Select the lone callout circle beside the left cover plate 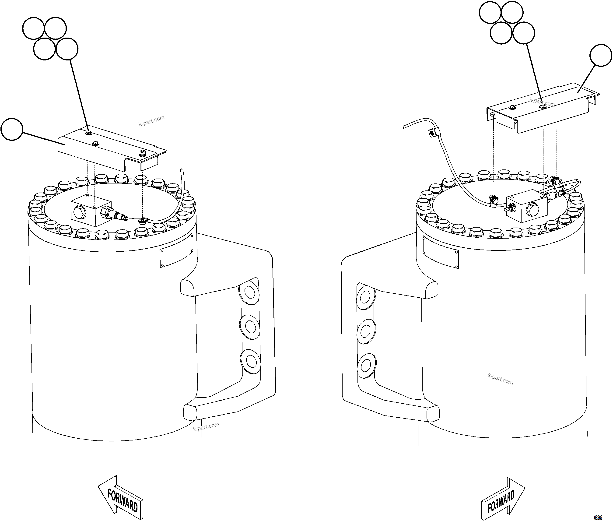(11, 129)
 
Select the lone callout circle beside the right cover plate (601, 55)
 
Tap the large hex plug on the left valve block (79, 212)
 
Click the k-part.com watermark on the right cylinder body (500, 379)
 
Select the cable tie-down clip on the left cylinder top (144, 220)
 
